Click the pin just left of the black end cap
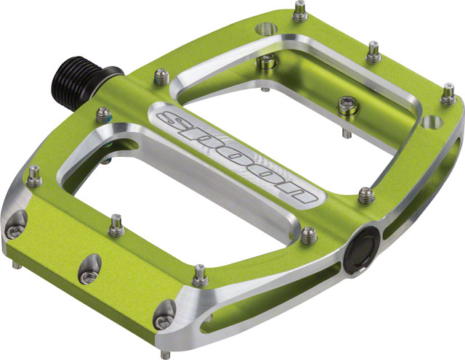(x=308, y=234)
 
